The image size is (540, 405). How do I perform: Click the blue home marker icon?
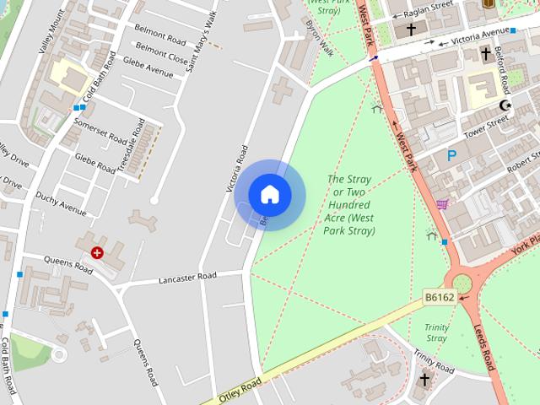(x=269, y=195)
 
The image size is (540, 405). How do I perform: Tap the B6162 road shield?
(x=439, y=298)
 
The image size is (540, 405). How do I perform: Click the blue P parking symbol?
(x=452, y=155)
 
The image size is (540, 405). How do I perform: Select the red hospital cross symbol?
(x=98, y=252)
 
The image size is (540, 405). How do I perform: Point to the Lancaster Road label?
(x=187, y=276)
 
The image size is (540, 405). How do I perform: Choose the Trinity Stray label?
(x=436, y=332)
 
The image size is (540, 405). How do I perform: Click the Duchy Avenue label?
(x=61, y=203)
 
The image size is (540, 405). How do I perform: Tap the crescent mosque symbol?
(x=505, y=105)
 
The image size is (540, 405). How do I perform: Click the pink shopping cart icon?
(x=442, y=203)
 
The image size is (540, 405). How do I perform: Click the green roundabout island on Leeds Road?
(x=463, y=283)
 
